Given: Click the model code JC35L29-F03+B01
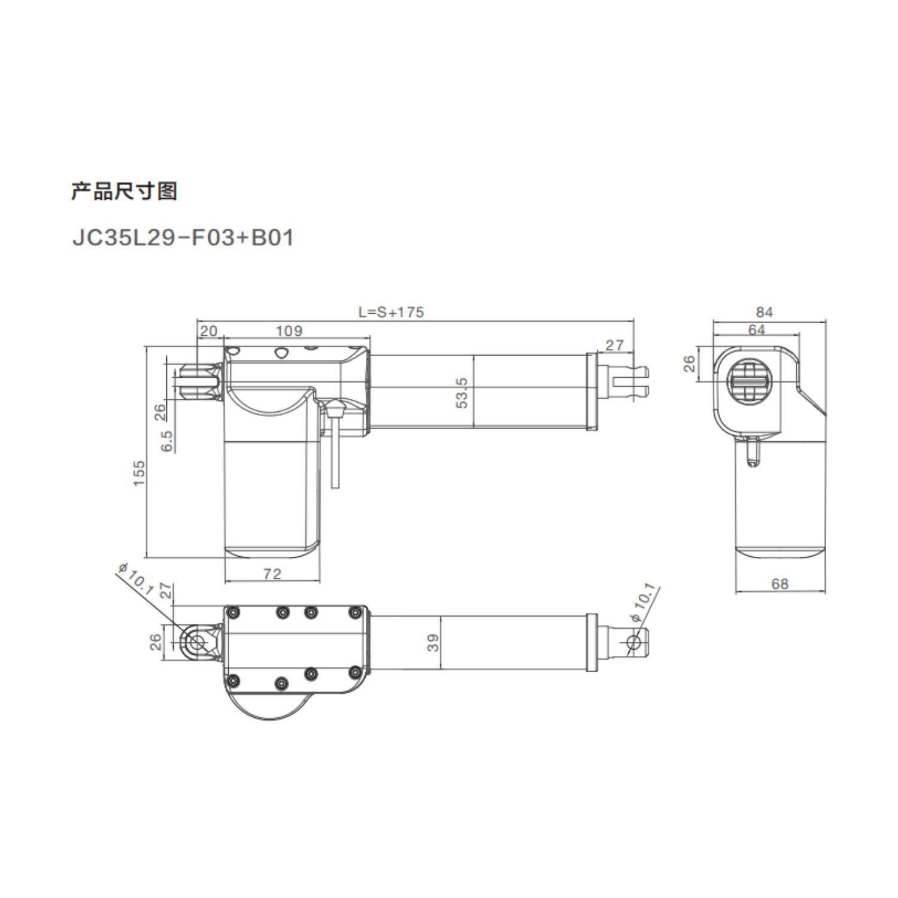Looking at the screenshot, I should pyautogui.click(x=183, y=238).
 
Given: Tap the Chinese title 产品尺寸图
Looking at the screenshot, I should pyautogui.click(x=124, y=192).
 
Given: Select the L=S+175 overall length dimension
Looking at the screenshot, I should pyautogui.click(x=391, y=312).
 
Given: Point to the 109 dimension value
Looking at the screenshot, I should pyautogui.click(x=289, y=330).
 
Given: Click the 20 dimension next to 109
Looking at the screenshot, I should pyautogui.click(x=208, y=330).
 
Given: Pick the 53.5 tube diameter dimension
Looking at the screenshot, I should pyautogui.click(x=462, y=392).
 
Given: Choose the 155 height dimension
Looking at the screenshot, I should pyautogui.click(x=139, y=473).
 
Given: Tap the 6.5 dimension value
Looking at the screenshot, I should pyautogui.click(x=167, y=441).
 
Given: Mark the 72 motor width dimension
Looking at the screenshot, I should pyautogui.click(x=272, y=574).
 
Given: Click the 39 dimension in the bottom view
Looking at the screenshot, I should pyautogui.click(x=433, y=642).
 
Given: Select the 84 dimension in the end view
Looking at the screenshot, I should pyautogui.click(x=764, y=312).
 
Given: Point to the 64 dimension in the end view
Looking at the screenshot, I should pyautogui.click(x=757, y=330).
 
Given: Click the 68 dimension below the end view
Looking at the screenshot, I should pyautogui.click(x=780, y=584).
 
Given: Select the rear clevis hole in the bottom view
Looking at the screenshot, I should pyautogui.click(x=196, y=642).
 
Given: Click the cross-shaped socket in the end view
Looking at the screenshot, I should pyautogui.click(x=750, y=381).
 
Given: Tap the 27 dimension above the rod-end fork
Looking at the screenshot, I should pyautogui.click(x=614, y=345).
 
